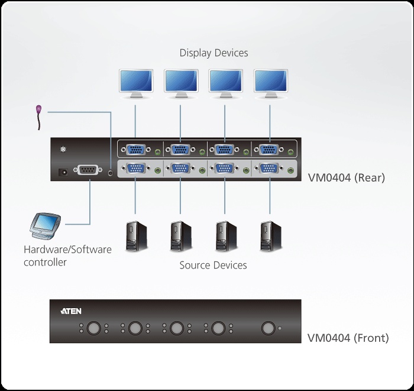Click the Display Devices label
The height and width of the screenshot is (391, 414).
pos(214,53)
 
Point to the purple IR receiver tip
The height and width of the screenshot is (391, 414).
pos(38,109)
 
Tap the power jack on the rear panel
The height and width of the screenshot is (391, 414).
pos(60,172)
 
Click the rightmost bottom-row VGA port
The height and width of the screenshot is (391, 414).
pos(270,169)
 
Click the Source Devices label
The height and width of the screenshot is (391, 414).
pos(213,264)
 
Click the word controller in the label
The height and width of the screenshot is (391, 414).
pos(45,261)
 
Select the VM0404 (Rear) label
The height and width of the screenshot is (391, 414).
pos(346,176)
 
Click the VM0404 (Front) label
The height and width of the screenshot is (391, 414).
pos(348,338)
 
